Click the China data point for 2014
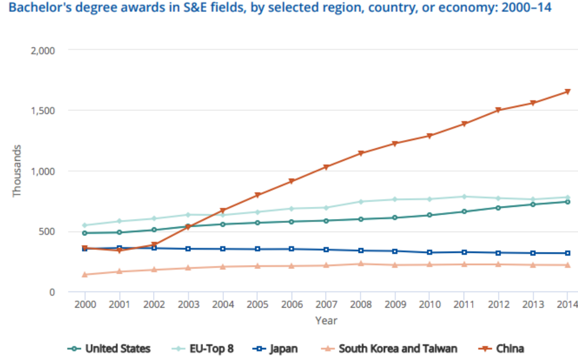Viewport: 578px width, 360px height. coord(567,92)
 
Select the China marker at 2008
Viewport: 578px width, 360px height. coord(360,154)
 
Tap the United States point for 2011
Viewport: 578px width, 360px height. coord(464,212)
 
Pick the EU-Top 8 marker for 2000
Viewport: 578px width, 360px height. coord(85,225)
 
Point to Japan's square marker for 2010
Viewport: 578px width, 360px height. coord(429,252)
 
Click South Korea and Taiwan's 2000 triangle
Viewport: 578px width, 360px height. coord(85,275)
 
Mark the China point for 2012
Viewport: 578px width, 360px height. coord(499,110)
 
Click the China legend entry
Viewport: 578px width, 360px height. coord(504,348)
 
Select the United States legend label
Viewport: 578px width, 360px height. coord(118,348)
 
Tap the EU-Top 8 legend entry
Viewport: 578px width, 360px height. coord(206,348)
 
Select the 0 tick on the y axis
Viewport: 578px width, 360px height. coord(51,292)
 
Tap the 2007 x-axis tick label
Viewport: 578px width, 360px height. coord(326,305)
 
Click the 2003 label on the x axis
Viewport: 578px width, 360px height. coord(188,305)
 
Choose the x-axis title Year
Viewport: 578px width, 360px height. coord(326,321)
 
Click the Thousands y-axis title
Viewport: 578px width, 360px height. coord(17,171)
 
